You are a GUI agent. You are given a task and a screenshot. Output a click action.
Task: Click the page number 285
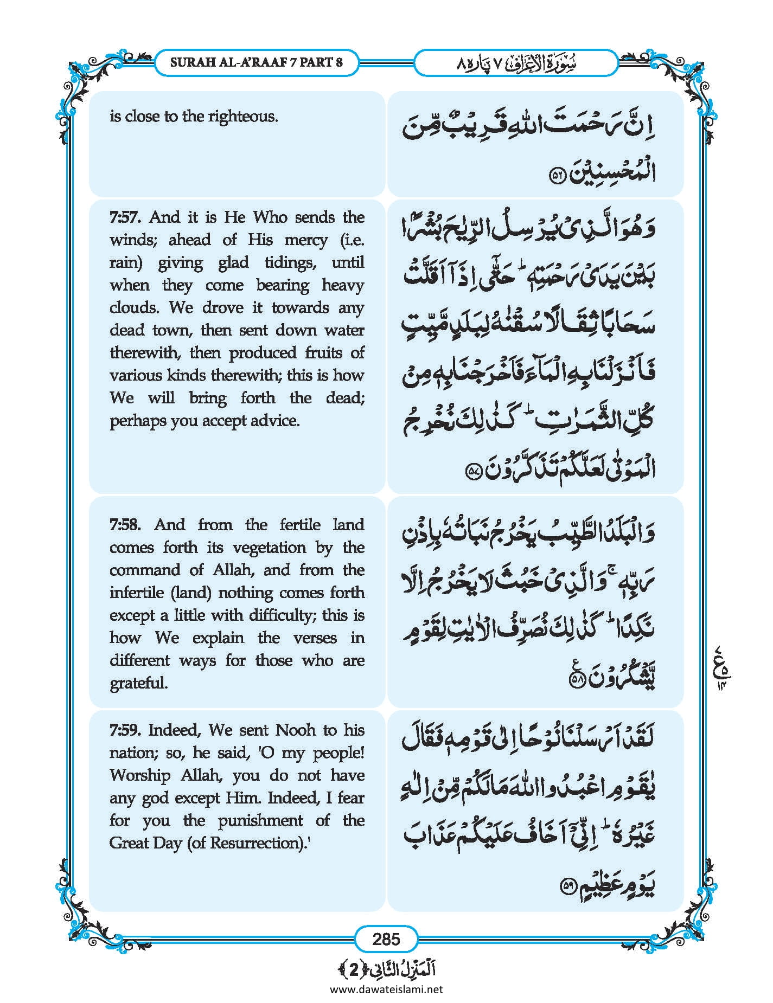coord(386,938)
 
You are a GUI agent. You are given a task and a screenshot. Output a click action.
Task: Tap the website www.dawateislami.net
coord(386,989)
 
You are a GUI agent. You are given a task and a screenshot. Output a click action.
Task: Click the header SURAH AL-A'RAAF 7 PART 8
coord(257,62)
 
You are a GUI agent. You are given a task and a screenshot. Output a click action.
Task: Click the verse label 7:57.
coord(125,217)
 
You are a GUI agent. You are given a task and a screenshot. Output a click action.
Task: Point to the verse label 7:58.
coord(125,525)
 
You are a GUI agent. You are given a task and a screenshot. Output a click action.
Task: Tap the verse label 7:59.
coord(125,730)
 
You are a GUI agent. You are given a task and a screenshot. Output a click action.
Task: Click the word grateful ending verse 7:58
coord(139,683)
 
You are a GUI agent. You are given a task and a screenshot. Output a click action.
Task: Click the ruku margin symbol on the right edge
coord(719,663)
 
